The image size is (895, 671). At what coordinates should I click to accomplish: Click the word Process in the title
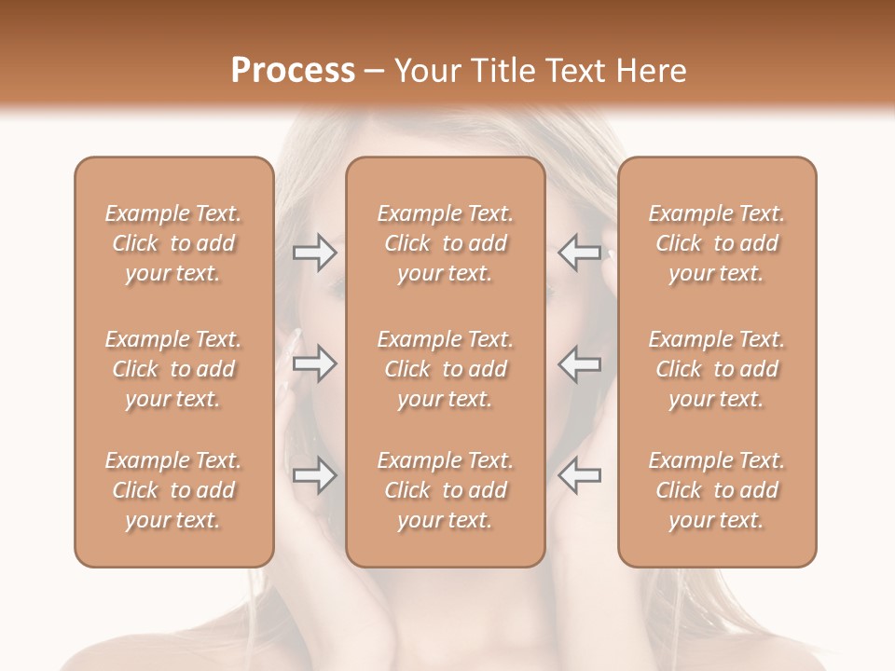click(x=293, y=71)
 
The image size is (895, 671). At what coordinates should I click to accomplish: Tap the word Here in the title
click(x=651, y=71)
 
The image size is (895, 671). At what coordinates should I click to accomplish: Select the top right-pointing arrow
click(x=315, y=253)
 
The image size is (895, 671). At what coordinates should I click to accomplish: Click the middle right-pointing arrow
click(x=315, y=363)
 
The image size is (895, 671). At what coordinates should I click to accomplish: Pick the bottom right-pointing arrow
click(x=315, y=476)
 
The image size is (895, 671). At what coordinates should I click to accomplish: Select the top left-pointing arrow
click(x=580, y=253)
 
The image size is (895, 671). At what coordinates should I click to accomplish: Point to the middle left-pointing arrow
click(x=580, y=363)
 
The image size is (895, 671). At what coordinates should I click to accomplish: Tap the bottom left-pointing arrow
click(x=580, y=476)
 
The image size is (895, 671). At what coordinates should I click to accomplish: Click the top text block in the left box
click(x=173, y=243)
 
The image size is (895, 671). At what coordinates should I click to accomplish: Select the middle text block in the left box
click(x=173, y=369)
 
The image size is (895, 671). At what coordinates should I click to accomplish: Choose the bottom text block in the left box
click(x=173, y=490)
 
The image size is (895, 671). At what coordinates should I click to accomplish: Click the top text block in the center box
click(x=446, y=243)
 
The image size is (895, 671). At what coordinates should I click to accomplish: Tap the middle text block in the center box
click(x=446, y=369)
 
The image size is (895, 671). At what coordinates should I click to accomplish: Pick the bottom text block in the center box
click(x=446, y=490)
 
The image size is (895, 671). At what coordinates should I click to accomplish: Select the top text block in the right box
click(x=717, y=243)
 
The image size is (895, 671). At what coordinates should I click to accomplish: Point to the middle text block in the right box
click(x=717, y=369)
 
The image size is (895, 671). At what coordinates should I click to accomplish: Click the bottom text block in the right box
click(x=717, y=490)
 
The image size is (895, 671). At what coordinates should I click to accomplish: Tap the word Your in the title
click(x=425, y=71)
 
